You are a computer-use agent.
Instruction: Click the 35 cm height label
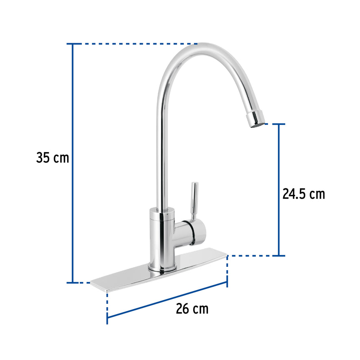(x=52, y=157)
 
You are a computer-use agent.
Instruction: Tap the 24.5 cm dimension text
(x=303, y=194)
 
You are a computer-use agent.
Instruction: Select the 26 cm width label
(x=192, y=309)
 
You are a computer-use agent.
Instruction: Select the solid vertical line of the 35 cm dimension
(x=73, y=163)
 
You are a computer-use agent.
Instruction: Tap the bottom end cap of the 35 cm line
(x=73, y=282)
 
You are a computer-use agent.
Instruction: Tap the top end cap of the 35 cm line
(x=73, y=44)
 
